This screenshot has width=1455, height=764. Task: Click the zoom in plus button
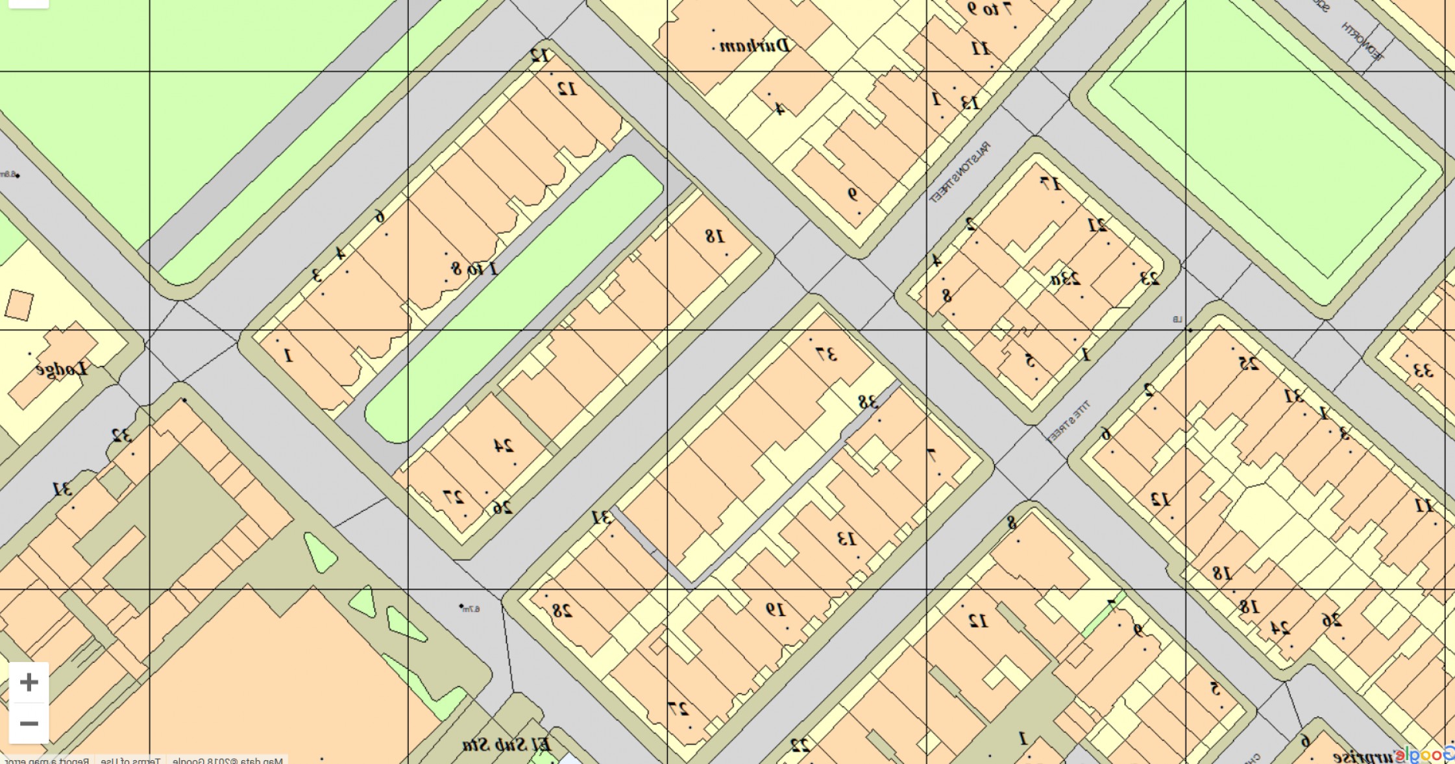29,682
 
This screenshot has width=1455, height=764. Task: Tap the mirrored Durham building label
755,46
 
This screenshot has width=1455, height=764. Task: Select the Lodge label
62,369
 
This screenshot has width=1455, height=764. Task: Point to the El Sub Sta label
507,745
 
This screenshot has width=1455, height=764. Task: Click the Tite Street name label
1067,421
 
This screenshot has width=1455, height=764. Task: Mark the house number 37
826,354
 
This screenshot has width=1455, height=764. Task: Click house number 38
868,402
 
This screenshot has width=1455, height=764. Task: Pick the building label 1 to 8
474,268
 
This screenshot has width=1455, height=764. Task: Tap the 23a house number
1066,280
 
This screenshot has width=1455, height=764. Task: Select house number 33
1423,371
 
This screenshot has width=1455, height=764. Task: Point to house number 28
562,610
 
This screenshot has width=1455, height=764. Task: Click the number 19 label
776,609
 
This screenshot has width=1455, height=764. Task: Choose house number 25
1249,364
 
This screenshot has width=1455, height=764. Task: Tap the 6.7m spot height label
472,609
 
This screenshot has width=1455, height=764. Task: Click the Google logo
1428,755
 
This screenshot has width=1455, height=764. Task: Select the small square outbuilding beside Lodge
19,304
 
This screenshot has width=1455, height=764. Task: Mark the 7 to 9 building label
989,9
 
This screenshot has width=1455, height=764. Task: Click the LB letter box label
1177,319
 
